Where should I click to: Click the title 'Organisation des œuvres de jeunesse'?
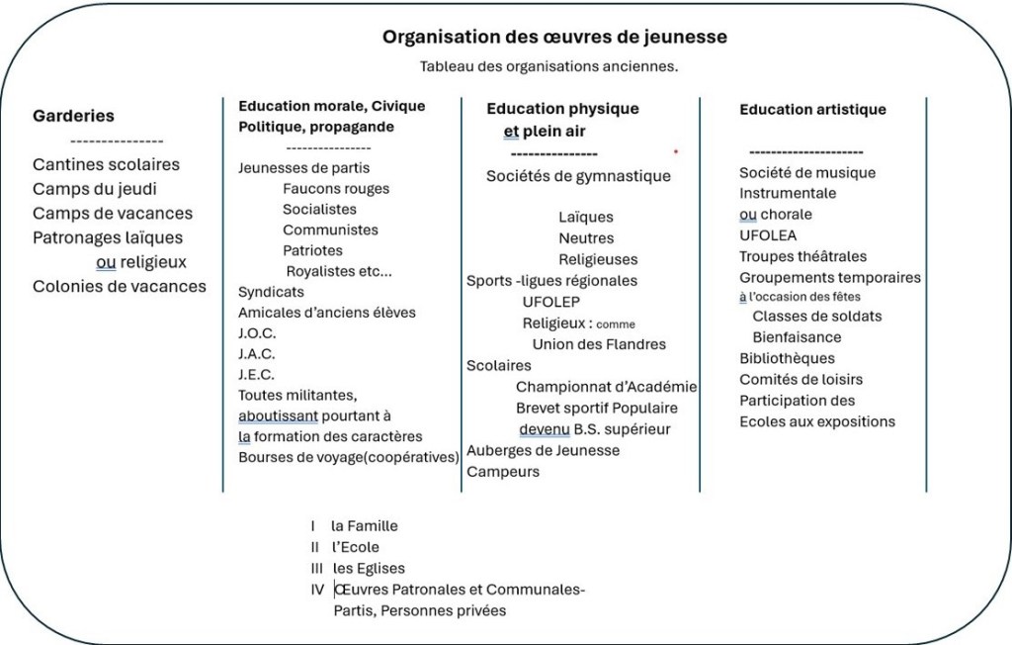554,38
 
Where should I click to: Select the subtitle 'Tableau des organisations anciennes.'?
548,67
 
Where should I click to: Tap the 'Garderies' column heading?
73,116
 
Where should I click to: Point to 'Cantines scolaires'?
106,164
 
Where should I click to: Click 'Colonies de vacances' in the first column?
120,286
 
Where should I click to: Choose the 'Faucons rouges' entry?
336,188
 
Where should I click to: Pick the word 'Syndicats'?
271,292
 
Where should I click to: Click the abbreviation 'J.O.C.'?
257,333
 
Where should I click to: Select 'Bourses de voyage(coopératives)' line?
349,457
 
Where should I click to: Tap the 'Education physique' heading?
562,109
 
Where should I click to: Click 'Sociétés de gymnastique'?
578,176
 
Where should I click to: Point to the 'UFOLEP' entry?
551,302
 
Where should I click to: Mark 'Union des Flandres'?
599,344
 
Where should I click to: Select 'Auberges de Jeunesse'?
543,450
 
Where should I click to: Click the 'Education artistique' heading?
812,110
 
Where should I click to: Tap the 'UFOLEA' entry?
768,235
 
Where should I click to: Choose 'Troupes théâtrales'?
802,256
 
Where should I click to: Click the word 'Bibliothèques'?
787,358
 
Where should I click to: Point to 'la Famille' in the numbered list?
364,526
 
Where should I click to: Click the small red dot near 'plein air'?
676,151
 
